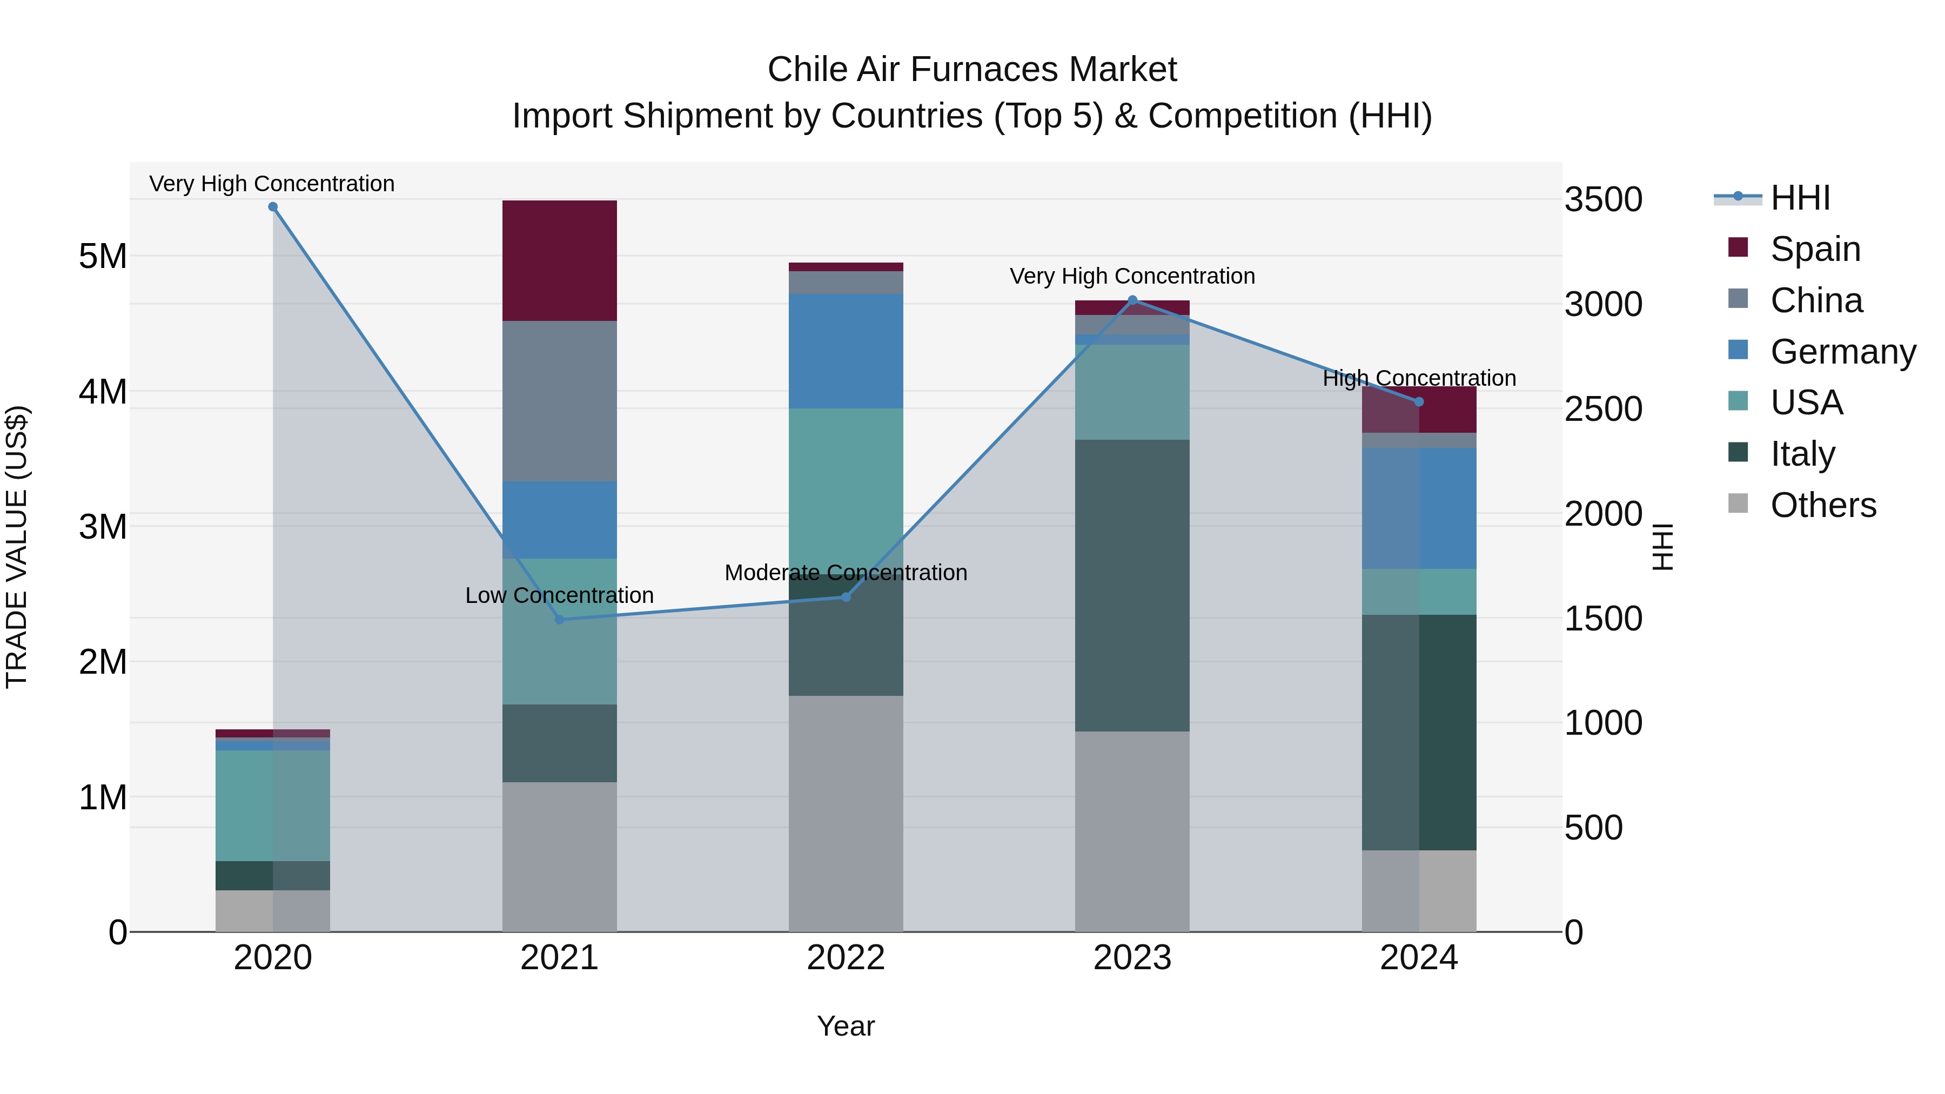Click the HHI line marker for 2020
point(273,207)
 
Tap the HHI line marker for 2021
point(560,619)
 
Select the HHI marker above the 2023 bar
point(1132,300)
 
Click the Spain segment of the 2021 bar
point(560,260)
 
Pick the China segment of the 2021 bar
point(560,401)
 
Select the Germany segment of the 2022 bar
point(846,351)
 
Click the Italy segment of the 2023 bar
point(1132,585)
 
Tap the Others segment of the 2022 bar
point(846,813)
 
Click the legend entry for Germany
point(1842,352)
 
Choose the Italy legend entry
point(1802,454)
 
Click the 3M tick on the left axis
point(103,527)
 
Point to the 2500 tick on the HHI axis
point(1603,409)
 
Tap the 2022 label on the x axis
point(846,958)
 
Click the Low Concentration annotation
point(560,595)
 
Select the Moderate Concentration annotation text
point(846,572)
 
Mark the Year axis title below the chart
point(846,1026)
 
